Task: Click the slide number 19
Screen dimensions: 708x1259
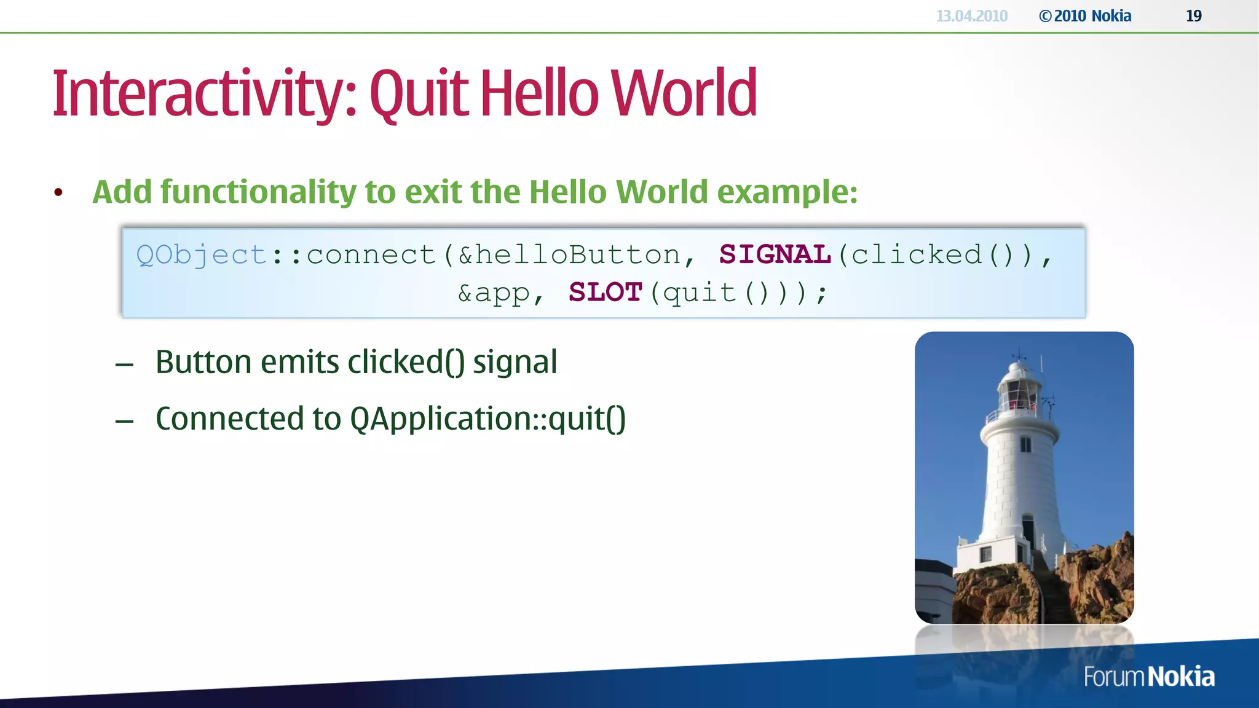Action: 1193,16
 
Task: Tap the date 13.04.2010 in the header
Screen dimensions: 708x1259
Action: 971,16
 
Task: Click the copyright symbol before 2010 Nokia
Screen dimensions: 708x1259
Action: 1045,17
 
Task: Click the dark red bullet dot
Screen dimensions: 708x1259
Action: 58,193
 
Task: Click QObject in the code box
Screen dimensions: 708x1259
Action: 201,255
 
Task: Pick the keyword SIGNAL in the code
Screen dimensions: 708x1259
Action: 775,254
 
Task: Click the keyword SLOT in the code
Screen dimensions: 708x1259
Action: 606,293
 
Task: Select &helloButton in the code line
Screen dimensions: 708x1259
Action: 569,255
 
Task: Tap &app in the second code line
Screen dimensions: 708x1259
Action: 494,293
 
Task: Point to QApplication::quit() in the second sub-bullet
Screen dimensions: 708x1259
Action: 487,419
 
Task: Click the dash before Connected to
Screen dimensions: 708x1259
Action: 124,421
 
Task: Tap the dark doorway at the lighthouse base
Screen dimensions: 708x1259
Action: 1027,529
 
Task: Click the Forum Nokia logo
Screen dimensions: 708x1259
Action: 1148,677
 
